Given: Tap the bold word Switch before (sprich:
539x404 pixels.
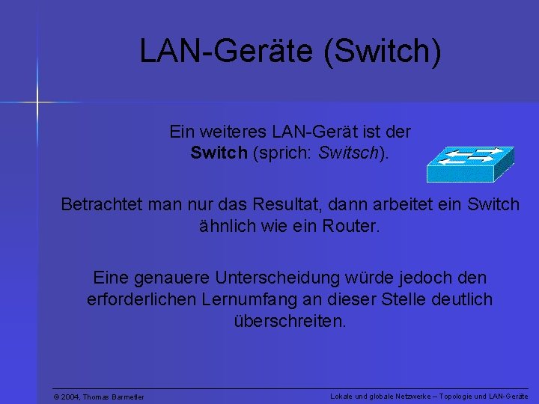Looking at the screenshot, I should point(218,153).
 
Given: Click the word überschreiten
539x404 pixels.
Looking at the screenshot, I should point(290,321).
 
